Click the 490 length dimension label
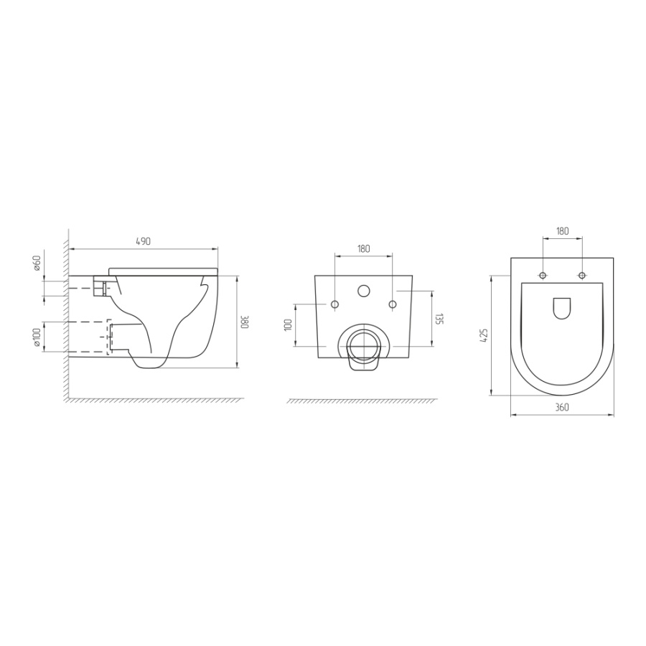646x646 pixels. [143, 241]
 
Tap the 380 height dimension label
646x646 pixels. [245, 322]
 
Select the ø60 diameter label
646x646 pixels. [37, 263]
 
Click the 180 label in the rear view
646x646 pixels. [363, 248]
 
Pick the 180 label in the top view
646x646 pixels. [562, 230]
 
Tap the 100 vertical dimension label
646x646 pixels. [288, 324]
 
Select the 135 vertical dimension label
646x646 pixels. [439, 319]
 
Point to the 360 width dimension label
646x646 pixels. [562, 407]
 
